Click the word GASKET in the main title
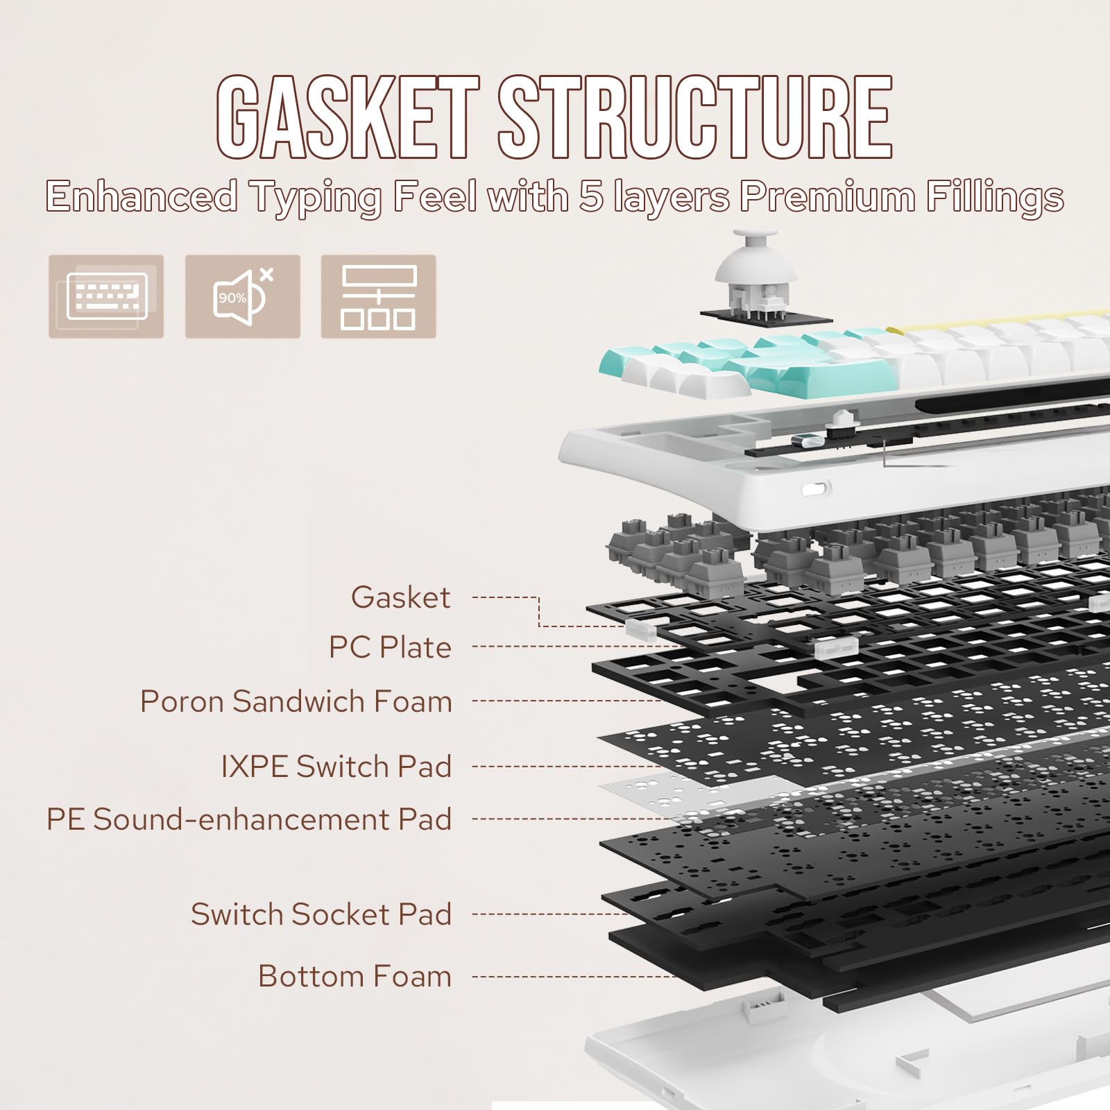347,118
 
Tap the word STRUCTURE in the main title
694,118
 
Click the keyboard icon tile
106,296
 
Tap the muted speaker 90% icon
242,296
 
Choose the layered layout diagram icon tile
378,296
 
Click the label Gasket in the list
400,597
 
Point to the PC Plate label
390,647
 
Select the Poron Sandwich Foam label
296,701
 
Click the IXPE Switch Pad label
336,767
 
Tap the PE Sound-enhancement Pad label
248,819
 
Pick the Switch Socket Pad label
321,914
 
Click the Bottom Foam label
355,976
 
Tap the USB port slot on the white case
817,488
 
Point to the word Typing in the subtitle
316,198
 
